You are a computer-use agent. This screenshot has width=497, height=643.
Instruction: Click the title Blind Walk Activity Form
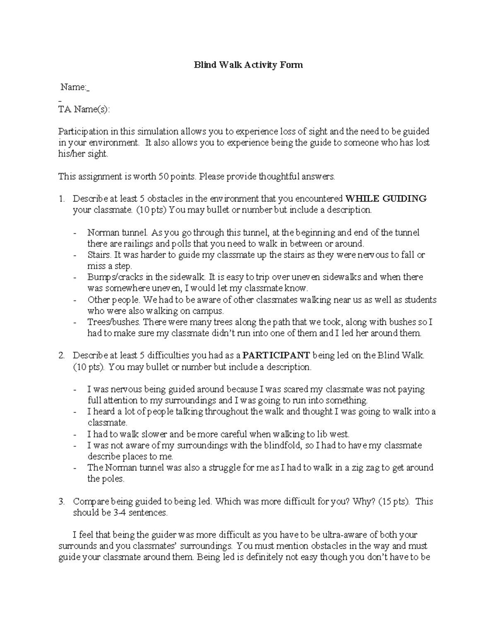click(x=248, y=65)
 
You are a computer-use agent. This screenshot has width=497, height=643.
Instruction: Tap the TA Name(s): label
click(x=84, y=109)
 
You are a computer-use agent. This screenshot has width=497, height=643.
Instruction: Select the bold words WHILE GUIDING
click(x=386, y=199)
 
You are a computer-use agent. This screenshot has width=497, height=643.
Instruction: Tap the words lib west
click(x=334, y=434)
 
